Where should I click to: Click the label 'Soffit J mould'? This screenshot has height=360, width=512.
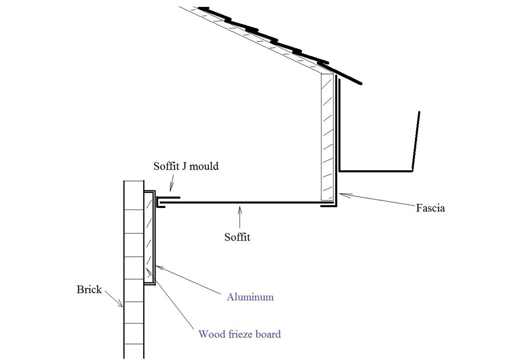click(x=186, y=166)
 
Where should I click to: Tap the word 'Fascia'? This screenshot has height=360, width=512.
click(x=430, y=208)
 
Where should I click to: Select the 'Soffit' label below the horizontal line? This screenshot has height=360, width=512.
click(x=237, y=237)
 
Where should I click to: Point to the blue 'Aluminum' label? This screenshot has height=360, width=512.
click(x=250, y=297)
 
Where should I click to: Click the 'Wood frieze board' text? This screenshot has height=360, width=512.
click(x=239, y=334)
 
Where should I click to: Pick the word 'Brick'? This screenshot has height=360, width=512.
click(x=89, y=289)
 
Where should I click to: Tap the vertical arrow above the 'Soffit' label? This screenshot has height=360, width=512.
click(x=240, y=217)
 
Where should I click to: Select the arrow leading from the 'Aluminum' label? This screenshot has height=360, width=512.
click(x=190, y=280)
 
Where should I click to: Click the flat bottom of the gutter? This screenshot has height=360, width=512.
click(x=375, y=171)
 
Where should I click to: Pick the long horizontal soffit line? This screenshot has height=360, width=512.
click(x=240, y=202)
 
